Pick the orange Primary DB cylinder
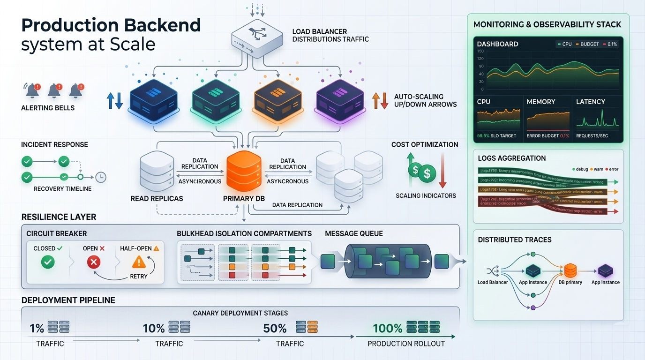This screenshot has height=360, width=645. [x=243, y=172]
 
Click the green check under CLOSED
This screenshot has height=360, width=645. [x=48, y=262]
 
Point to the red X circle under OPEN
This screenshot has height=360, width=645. [x=94, y=262]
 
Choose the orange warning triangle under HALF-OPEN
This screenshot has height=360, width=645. [x=139, y=262]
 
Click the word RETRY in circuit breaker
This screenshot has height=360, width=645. [x=139, y=277]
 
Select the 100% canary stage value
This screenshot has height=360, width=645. [x=388, y=328]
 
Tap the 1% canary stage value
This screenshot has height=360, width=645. [x=37, y=328]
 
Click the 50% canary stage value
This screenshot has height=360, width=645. [x=275, y=328]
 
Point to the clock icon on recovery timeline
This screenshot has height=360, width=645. [x=100, y=177]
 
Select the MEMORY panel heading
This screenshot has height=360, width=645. [x=540, y=102]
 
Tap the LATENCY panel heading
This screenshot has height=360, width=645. [x=590, y=102]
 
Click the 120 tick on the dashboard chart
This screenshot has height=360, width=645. [x=480, y=59]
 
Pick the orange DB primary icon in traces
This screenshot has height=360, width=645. [x=570, y=270]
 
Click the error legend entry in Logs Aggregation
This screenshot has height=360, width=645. [x=611, y=169]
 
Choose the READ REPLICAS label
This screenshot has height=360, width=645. [x=157, y=199]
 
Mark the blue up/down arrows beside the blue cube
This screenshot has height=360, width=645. [x=114, y=101]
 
